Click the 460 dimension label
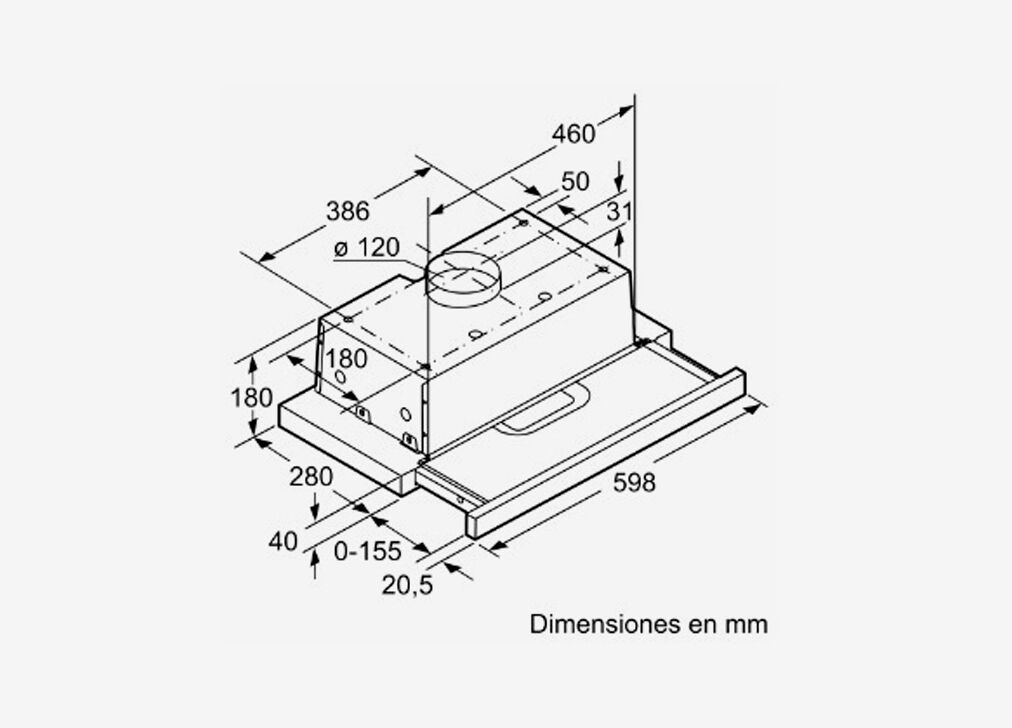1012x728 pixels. tap(573, 134)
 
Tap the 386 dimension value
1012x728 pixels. tap(348, 211)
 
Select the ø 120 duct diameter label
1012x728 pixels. tap(367, 247)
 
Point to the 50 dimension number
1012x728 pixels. tap(575, 181)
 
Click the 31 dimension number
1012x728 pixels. tap(620, 211)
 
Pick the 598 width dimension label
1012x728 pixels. tap(634, 482)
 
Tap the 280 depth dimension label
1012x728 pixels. tap(311, 477)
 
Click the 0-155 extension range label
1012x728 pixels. tap(368, 551)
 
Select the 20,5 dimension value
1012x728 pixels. tap(407, 585)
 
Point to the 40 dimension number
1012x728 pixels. tap(283, 541)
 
